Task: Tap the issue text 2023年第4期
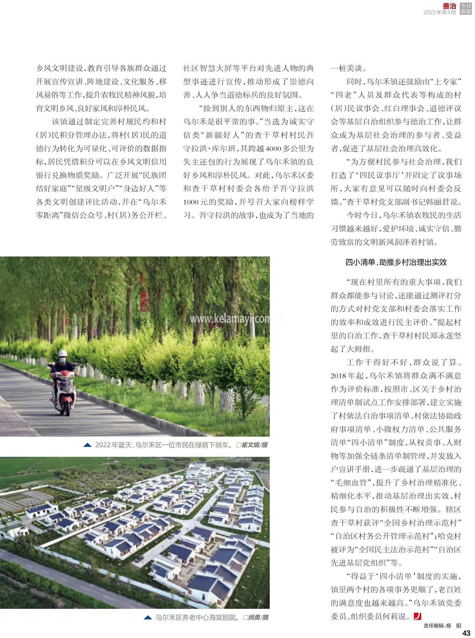tap(440, 12)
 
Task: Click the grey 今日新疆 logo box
tap(466, 9)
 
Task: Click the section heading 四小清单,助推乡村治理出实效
tap(396, 262)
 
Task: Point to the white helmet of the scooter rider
tap(63, 353)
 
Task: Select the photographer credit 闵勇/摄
tap(258, 617)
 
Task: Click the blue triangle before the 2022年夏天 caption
tap(87, 445)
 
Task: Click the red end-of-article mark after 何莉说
tap(417, 616)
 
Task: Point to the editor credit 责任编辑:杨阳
tap(442, 626)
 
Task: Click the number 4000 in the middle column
tap(273, 149)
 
